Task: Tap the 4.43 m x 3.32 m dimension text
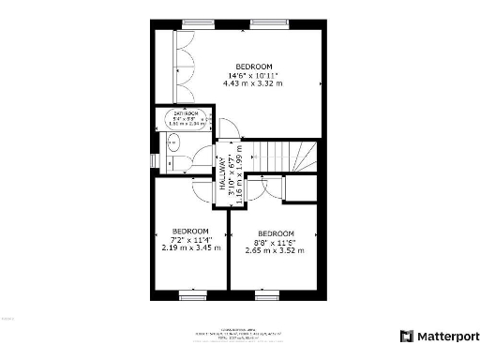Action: point(252,83)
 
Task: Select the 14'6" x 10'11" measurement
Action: point(252,75)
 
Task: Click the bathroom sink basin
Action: point(172,143)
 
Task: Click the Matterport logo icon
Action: point(407,335)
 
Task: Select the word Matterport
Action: point(445,335)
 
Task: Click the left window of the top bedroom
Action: point(196,22)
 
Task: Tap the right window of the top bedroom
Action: point(264,22)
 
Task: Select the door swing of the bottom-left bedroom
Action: point(200,187)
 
